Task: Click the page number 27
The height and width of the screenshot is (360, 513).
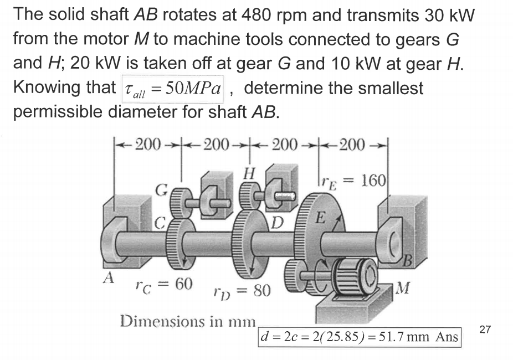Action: click(x=485, y=331)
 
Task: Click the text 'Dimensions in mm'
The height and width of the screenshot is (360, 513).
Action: click(x=187, y=322)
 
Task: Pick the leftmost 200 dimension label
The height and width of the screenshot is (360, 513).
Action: click(x=148, y=146)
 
